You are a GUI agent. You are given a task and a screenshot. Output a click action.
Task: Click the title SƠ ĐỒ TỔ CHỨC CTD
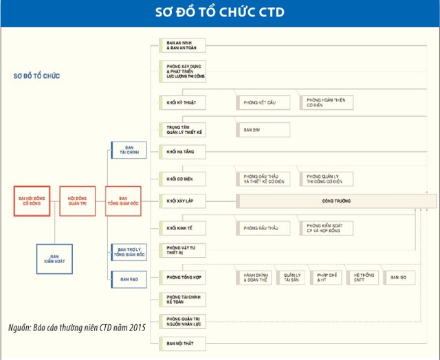coord(219,12)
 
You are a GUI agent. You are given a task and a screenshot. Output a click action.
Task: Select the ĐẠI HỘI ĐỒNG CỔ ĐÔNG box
coord(32,201)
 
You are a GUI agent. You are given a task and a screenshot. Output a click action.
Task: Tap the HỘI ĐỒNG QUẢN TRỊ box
coord(77,201)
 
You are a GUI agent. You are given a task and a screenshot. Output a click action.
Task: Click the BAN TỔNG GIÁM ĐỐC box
coord(123,201)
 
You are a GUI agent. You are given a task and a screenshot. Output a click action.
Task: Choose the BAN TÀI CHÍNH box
coord(129,150)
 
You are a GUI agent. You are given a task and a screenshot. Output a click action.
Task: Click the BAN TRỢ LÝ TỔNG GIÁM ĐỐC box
coord(129,252)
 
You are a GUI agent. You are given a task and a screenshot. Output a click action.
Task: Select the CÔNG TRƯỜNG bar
coord(335,201)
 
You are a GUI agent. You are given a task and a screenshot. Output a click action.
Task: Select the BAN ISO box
coord(399,278)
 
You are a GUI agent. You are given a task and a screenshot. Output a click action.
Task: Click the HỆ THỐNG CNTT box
coord(362,278)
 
